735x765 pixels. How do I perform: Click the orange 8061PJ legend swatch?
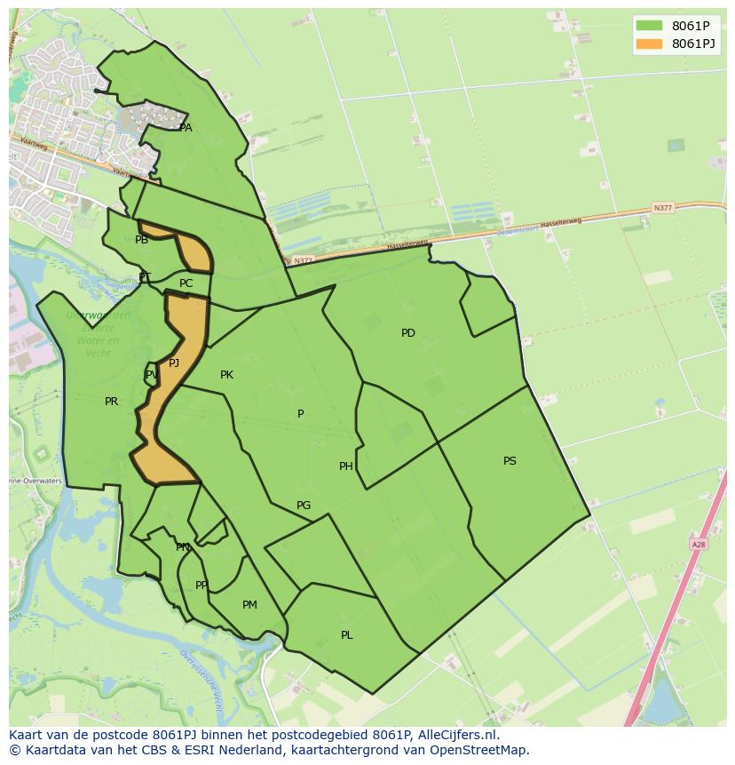[649, 44]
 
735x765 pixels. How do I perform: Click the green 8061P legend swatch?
[649, 27]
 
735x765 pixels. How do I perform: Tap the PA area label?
[186, 128]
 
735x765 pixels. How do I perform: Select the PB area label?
[141, 240]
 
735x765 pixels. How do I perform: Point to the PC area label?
[186, 283]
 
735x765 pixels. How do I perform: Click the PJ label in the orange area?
[174, 363]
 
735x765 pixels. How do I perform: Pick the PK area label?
[226, 375]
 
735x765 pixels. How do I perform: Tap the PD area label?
[407, 333]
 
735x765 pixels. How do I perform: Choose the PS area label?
[510, 461]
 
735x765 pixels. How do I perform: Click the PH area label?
[345, 466]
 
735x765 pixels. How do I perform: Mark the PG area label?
[304, 506]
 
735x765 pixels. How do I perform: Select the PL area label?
[346, 635]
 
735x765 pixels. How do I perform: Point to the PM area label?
[249, 605]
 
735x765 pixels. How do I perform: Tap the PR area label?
[111, 402]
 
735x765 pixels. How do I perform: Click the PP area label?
[202, 586]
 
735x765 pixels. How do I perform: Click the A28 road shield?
[698, 544]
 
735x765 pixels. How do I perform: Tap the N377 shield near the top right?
[662, 208]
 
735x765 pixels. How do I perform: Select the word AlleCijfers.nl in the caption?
[458, 736]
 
